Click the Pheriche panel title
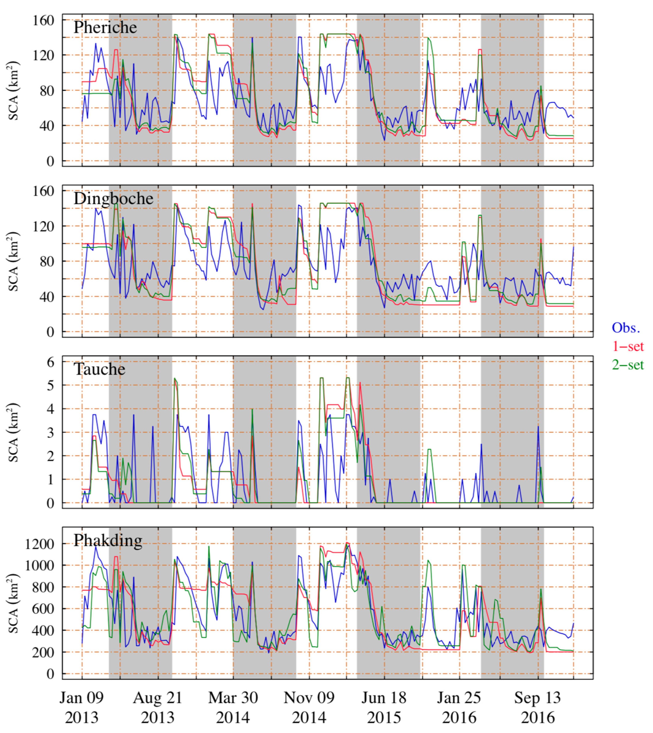(x=105, y=28)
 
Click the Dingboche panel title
(x=113, y=198)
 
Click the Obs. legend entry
(x=626, y=328)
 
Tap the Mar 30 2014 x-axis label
(x=233, y=708)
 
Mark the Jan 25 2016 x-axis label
(x=459, y=708)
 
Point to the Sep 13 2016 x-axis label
(x=537, y=708)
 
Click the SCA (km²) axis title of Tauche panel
(x=14, y=432)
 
